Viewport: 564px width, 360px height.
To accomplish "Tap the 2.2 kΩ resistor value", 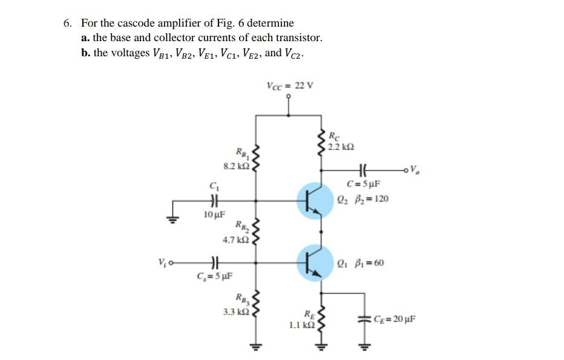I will tap(341, 147).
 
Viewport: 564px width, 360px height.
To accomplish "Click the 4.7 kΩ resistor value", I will tap(235, 240).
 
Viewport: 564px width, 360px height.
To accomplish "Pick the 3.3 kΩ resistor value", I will tap(235, 311).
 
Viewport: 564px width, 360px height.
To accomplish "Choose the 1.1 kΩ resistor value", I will tap(301, 325).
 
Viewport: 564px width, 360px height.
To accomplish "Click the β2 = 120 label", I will tap(368, 198).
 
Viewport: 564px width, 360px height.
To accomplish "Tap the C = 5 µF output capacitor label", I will tap(363, 184).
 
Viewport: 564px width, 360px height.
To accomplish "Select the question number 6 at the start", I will tap(68, 24).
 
